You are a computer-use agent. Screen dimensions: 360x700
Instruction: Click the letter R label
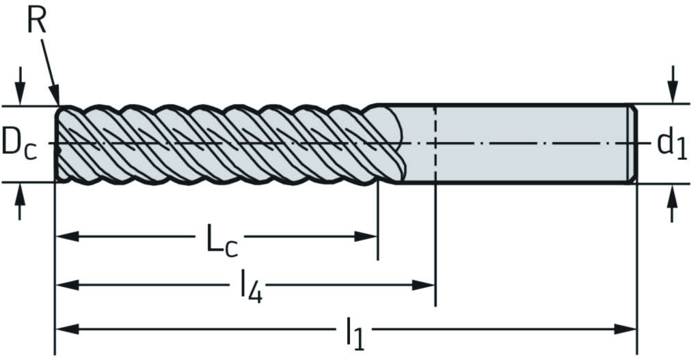coord(37,21)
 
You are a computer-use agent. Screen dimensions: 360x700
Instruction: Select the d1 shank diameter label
coord(672,143)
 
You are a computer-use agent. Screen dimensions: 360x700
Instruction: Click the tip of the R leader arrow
coord(57,104)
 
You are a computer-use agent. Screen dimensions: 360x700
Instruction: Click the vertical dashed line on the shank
coord(435,143)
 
